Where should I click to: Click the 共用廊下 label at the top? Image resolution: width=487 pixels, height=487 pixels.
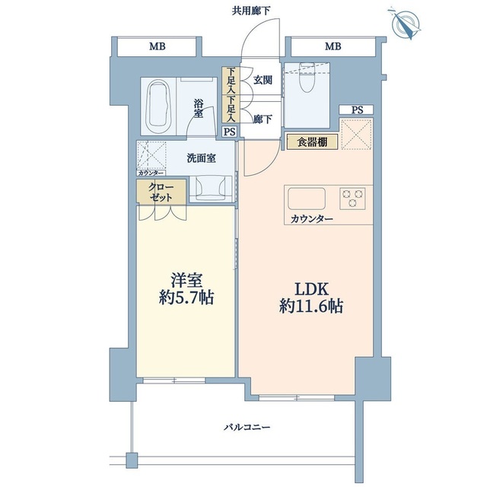pos(250,10)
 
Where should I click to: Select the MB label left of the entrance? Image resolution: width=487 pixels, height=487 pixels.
pos(158,46)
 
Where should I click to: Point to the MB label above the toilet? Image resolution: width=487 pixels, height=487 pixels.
pos(333,46)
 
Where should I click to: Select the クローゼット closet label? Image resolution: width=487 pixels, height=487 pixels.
pos(157,192)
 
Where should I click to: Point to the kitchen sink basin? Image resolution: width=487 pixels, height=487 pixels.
pos(306,198)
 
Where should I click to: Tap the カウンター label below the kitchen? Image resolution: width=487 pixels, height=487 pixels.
pos(311,219)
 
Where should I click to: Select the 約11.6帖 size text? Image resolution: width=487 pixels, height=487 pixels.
pos(311,307)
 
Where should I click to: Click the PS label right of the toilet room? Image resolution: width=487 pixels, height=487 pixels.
pos(357,110)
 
